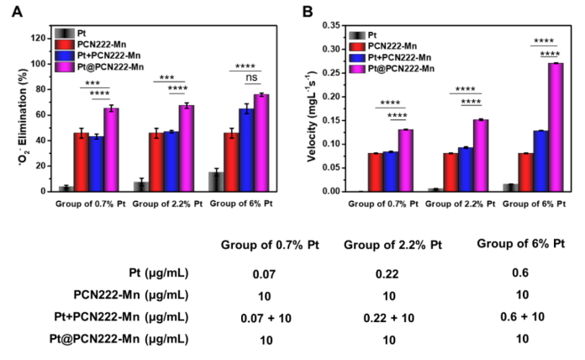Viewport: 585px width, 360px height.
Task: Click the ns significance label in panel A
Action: pos(250,78)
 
